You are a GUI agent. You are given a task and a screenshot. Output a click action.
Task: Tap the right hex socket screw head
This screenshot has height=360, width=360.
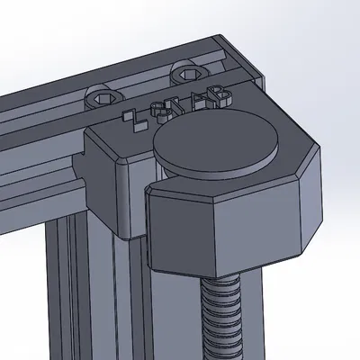(x=186, y=75)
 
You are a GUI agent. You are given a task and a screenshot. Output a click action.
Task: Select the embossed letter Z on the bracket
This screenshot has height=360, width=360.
(x=136, y=121)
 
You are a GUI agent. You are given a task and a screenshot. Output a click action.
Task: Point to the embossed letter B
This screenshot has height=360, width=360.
(x=220, y=93)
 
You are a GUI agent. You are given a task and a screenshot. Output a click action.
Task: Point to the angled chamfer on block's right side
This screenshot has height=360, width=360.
(x=310, y=202)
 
